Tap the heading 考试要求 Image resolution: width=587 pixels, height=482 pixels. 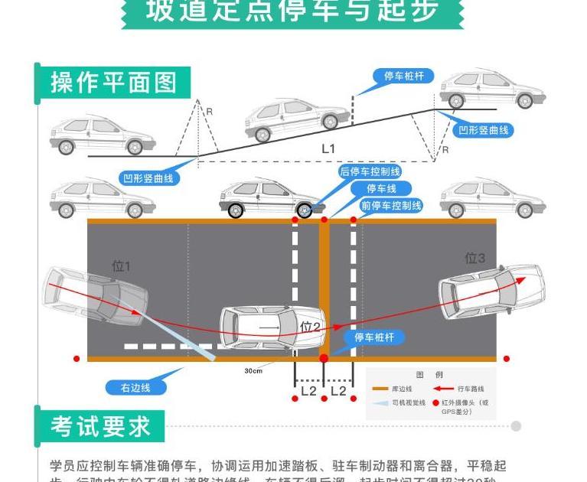pyautogui.click(x=101, y=426)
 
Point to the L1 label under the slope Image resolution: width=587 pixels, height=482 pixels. pyautogui.click(x=328, y=148)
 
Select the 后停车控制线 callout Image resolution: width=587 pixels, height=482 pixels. pyautogui.click(x=370, y=172)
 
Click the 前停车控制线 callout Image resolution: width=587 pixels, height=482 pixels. pyautogui.click(x=391, y=206)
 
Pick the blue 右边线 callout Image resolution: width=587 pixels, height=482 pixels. pyautogui.click(x=135, y=387)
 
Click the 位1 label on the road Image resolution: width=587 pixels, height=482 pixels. pyautogui.click(x=121, y=266)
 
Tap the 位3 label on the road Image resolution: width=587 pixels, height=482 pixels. pyautogui.click(x=475, y=258)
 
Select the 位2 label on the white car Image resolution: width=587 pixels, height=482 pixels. pyautogui.click(x=310, y=327)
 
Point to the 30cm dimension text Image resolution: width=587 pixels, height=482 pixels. pyautogui.click(x=253, y=371)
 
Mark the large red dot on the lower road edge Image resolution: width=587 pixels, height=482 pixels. pyautogui.click(x=324, y=357)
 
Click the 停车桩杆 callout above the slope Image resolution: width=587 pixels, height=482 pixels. pyautogui.click(x=403, y=77)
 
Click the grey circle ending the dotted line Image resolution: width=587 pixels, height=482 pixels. pyautogui.click(x=516, y=426)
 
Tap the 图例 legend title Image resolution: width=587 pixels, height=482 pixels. pyautogui.click(x=429, y=375)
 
